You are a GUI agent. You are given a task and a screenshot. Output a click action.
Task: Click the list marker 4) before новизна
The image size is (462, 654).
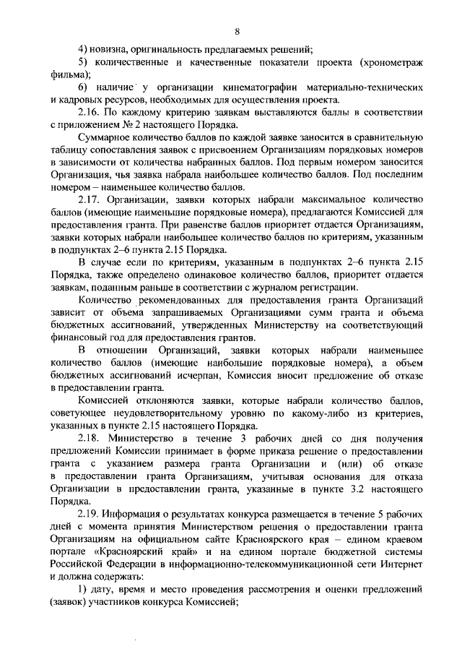point(83,49)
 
